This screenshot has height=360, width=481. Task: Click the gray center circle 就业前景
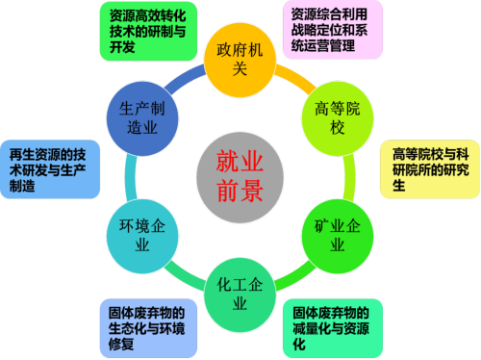click(240, 177)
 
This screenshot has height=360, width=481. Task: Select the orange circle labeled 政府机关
click(240, 60)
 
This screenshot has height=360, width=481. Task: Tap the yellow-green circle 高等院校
click(338, 118)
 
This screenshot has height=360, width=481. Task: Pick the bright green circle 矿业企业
click(338, 236)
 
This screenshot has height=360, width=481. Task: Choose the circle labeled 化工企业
click(240, 295)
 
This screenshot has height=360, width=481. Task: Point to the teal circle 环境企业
click(142, 236)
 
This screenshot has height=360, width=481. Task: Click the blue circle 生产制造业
click(142, 118)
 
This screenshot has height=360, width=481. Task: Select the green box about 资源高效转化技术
click(148, 31)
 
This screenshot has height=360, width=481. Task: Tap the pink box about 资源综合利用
click(333, 30)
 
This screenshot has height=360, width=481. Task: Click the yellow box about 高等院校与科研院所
click(430, 169)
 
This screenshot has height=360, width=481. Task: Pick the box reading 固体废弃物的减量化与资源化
click(333, 328)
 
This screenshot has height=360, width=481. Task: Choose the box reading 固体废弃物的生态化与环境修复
click(148, 328)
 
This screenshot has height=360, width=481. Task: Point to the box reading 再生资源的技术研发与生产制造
click(50, 169)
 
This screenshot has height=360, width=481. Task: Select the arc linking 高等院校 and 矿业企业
click(350, 177)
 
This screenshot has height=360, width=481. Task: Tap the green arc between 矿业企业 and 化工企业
click(295, 277)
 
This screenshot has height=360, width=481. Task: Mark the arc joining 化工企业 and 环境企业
click(184, 277)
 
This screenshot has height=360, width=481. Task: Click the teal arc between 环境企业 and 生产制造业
click(130, 177)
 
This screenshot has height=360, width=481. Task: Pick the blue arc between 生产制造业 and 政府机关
click(184, 78)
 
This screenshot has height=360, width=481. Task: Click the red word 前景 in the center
click(240, 191)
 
